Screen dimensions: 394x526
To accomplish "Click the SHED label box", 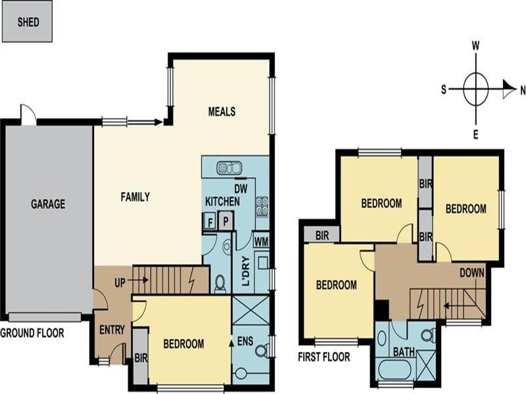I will tap(28, 22).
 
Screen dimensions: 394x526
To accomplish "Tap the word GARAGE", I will tap(48, 204).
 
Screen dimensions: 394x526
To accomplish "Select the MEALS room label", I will tap(222, 112).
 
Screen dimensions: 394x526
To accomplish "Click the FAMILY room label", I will tap(135, 196).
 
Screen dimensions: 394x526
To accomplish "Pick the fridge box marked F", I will tap(210, 221).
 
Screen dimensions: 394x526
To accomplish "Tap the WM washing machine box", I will tap(260, 242).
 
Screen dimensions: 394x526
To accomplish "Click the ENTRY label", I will tap(112, 330).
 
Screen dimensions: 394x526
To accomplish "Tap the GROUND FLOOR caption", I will tap(32, 334).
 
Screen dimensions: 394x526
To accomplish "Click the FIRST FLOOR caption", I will tap(324, 357).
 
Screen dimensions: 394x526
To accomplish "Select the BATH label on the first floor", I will tap(404, 352).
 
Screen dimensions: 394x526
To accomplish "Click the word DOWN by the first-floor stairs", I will tap(472, 272).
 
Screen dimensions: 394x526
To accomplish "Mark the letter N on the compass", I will tap(523, 91).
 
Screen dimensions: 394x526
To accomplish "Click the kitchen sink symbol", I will tap(229, 167).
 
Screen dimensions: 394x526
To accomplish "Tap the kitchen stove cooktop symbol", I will tap(262, 206).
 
